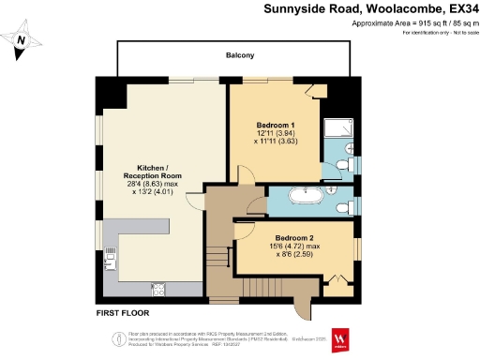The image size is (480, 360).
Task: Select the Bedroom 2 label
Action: (x=294, y=237)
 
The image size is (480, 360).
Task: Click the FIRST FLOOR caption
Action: (x=123, y=312)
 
